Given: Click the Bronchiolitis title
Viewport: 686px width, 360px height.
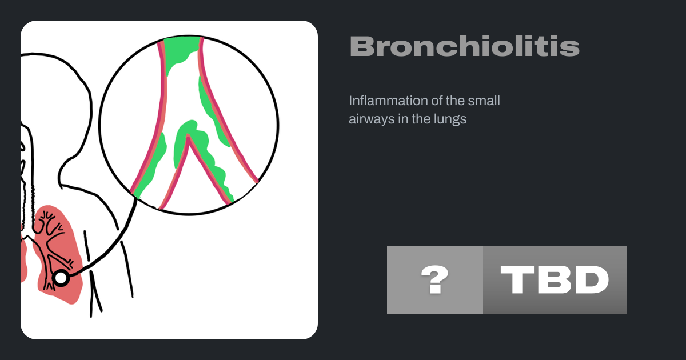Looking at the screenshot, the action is (465, 46).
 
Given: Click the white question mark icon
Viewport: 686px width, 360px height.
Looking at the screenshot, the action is (435, 279).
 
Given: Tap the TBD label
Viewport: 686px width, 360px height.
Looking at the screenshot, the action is (555, 279).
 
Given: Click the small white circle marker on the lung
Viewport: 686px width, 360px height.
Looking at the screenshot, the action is (61, 278).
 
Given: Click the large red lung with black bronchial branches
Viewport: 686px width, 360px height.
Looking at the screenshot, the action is (58, 254).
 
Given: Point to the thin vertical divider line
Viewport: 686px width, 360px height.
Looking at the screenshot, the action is (333, 180).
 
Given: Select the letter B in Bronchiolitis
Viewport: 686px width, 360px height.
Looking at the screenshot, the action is (361, 46).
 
